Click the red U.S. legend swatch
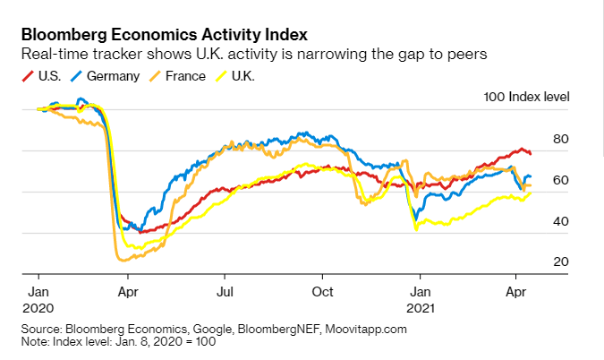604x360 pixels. click(28, 76)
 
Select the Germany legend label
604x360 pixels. click(113, 76)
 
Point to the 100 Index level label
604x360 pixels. click(526, 97)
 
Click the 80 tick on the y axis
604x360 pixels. click(561, 139)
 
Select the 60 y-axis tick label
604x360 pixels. click(561, 180)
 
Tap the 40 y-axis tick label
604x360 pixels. click(561, 221)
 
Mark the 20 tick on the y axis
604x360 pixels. click(561, 261)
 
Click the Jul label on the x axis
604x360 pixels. click(226, 291)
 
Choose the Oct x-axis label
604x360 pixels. click(323, 291)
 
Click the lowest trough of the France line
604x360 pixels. click(123, 260)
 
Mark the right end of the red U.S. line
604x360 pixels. click(531, 154)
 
